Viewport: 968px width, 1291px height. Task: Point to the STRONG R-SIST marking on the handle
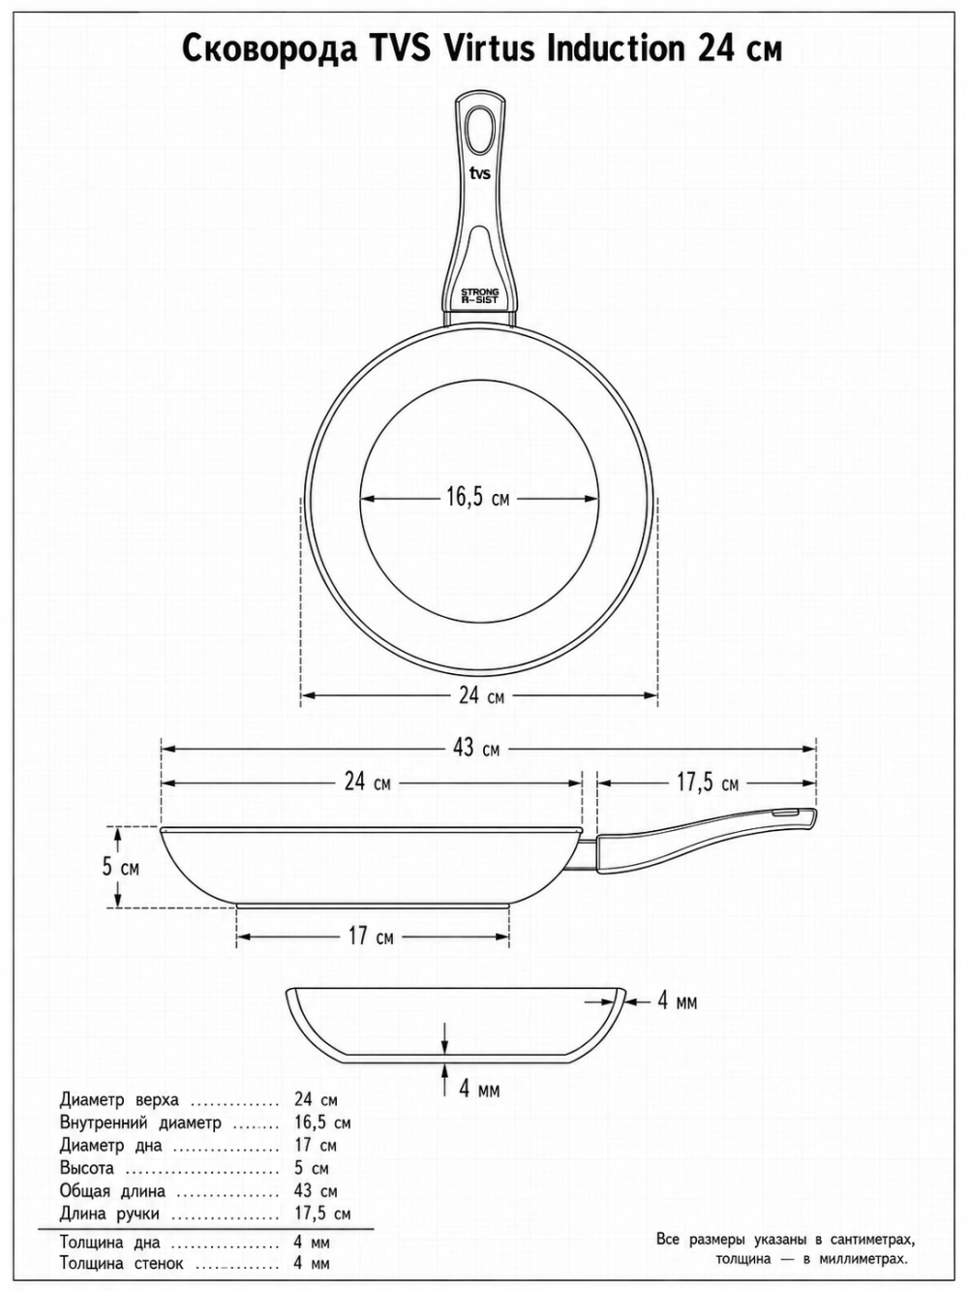click(x=479, y=295)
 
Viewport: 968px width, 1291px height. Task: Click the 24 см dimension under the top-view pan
click(x=481, y=695)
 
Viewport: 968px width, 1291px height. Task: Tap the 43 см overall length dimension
click(x=476, y=749)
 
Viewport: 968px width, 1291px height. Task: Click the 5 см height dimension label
click(x=120, y=868)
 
